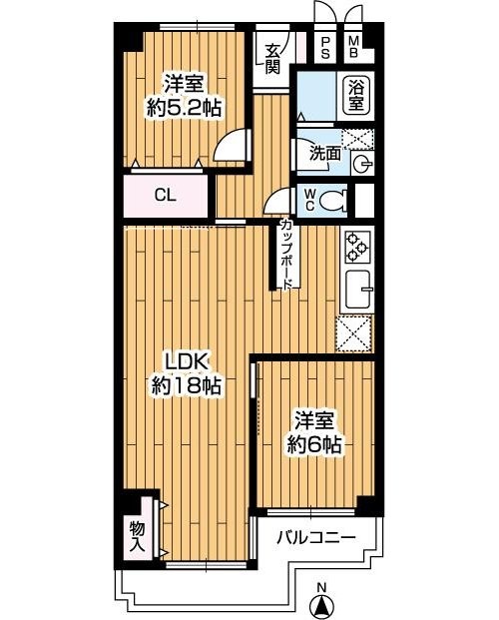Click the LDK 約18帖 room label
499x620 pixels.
click(187, 373)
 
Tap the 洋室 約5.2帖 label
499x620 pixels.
click(184, 96)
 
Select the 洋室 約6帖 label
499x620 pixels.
click(314, 432)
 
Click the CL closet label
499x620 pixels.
click(166, 196)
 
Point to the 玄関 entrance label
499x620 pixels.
click(272, 59)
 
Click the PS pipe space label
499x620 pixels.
click(325, 48)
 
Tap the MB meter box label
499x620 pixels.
click(354, 47)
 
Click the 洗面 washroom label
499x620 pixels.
click(325, 154)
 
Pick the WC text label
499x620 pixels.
click(310, 200)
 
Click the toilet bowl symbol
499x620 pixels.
click(332, 200)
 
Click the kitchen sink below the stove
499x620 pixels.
click(359, 290)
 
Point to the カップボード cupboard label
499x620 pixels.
click(285, 255)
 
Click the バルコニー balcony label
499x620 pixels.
click(316, 537)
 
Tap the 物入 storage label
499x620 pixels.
click(137, 536)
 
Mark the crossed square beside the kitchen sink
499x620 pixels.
click(354, 333)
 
